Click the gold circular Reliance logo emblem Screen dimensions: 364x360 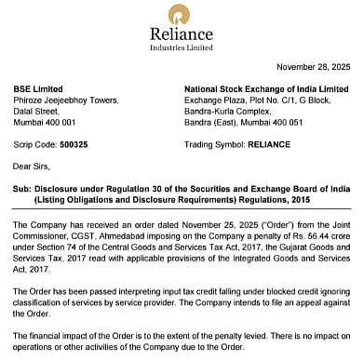pyautogui.click(x=181, y=15)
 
